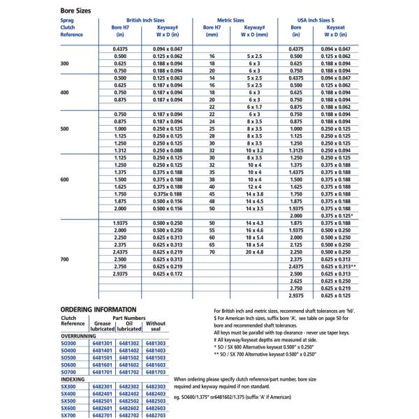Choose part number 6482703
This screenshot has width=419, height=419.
pos(156,415)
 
